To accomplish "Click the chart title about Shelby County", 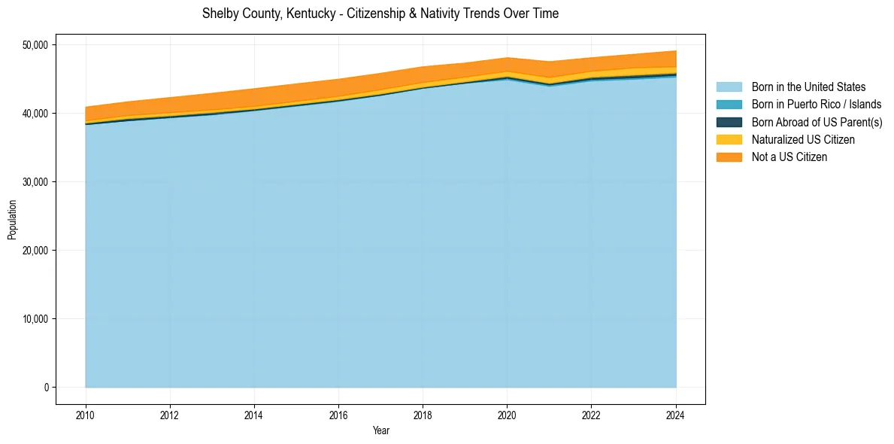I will pos(380,14).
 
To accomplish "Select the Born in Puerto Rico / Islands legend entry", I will pos(817,105).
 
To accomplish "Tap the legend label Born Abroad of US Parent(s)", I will pos(817,122).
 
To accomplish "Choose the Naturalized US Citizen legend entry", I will pos(803,140).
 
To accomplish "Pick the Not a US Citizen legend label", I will pos(789,157).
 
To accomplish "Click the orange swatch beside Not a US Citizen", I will pos(729,157).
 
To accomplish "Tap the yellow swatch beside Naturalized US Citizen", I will pos(729,140).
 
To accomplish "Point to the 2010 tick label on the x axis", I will pos(86,415).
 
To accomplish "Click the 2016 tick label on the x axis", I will pos(338,415).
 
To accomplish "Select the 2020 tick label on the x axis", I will pos(507,415).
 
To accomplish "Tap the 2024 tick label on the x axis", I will pos(676,415).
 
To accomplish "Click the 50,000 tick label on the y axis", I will pos(35,45).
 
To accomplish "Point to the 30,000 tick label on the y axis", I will pos(35,182).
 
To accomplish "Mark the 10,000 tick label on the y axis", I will pos(35,319).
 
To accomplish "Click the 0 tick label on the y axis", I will pos(46,388).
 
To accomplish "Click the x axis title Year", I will pos(380,431).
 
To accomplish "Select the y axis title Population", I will pos(12,220).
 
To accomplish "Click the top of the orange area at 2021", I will pos(550,62).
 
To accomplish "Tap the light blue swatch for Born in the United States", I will pos(729,87).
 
